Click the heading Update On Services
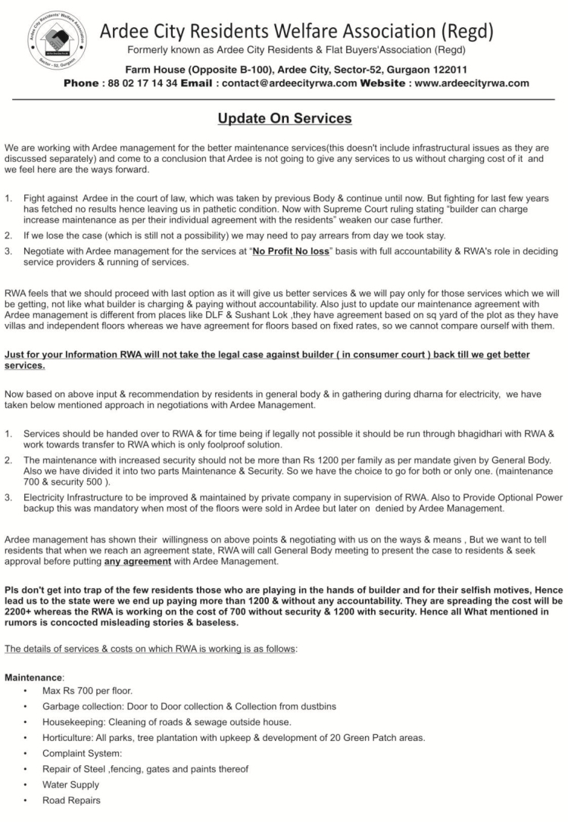point(284,119)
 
